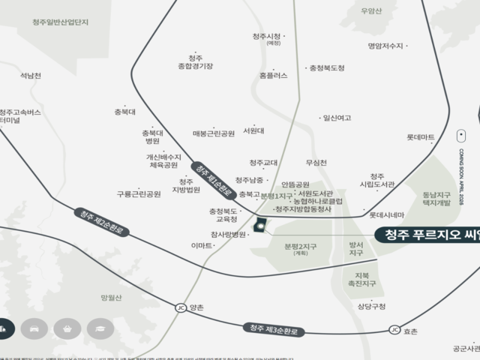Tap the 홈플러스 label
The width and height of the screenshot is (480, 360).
point(273,75)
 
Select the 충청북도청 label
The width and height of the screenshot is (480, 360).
point(327,68)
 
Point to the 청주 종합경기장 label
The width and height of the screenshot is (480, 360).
point(196,61)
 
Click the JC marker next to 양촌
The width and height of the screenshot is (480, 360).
point(180,307)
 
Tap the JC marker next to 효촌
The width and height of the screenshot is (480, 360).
point(394,330)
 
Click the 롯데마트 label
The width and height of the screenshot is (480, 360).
point(421,137)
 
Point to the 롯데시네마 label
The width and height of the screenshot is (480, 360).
point(386,214)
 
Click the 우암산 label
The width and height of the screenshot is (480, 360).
point(371,10)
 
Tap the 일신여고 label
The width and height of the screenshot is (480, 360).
point(337,118)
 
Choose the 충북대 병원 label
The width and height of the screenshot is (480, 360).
point(152,136)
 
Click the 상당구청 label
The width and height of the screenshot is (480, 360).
point(371,306)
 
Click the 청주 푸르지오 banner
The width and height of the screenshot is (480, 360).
point(427,234)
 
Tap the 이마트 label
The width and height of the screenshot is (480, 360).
point(202,246)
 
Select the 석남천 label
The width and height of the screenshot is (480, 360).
point(31,76)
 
